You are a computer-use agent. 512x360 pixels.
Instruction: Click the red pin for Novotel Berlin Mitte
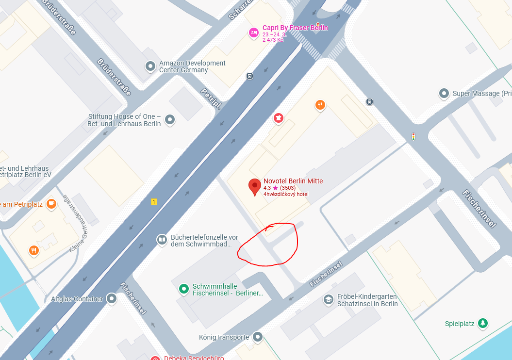[x=255, y=186]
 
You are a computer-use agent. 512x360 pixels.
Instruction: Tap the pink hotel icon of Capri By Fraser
[x=253, y=33]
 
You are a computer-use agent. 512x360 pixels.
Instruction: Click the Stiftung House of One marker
[x=170, y=119]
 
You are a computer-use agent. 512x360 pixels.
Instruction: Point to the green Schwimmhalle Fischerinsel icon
[x=183, y=289]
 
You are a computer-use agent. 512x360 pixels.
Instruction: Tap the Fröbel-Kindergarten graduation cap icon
[x=329, y=300]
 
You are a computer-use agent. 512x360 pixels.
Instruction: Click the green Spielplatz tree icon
[x=482, y=323]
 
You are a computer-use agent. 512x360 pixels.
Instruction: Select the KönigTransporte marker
[x=258, y=337]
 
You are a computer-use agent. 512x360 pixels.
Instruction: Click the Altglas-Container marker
[x=112, y=298]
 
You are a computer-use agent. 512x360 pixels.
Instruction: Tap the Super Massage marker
[x=444, y=93]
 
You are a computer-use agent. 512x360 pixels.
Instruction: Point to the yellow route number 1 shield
[x=154, y=202]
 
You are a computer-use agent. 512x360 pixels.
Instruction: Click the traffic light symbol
[x=413, y=137]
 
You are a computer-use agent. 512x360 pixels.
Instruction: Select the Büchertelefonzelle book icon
[x=162, y=240]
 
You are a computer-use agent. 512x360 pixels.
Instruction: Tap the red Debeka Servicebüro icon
[x=155, y=358]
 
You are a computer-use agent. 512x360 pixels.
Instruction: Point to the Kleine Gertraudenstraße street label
[x=75, y=223]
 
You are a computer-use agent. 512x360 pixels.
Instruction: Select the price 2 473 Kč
[x=273, y=40]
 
